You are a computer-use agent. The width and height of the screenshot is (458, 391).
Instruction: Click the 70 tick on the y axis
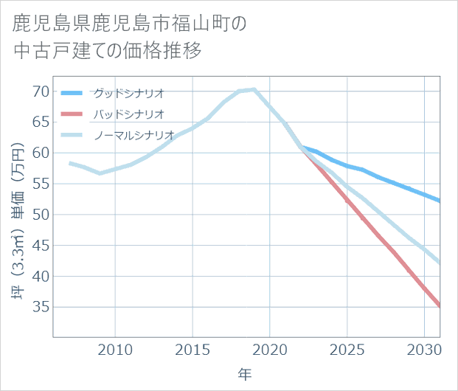(40, 91)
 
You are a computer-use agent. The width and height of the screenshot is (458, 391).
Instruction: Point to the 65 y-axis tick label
(40, 122)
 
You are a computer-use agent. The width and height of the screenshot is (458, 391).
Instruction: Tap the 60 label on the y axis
(40, 153)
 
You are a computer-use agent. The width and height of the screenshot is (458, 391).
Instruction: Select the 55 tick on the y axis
(40, 184)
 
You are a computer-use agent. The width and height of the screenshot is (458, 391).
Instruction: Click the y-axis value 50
(40, 215)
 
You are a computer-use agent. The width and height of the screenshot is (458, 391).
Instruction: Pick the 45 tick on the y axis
(40, 246)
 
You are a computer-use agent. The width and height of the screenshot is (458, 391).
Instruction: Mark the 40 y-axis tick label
(40, 277)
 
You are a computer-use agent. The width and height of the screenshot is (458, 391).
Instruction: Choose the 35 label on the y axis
(40, 308)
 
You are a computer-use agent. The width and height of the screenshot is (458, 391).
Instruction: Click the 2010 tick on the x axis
(115, 349)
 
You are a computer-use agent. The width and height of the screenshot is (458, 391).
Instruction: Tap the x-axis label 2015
(192, 349)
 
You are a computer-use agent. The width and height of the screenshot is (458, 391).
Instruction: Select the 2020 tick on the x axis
(270, 349)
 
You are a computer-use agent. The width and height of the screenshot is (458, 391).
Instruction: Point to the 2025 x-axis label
(347, 349)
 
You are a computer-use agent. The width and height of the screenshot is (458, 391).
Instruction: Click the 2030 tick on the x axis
(425, 349)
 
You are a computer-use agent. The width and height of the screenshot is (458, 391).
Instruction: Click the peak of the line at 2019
(254, 89)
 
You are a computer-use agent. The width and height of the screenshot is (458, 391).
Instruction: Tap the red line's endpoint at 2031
(440, 305)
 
